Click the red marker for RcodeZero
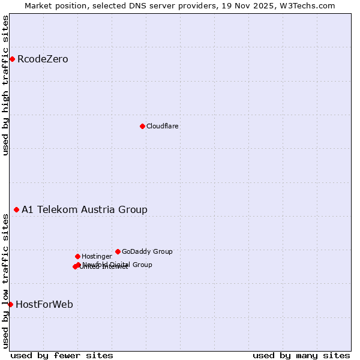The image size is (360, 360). coord(12,59)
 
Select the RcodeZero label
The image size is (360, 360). coord(43,59)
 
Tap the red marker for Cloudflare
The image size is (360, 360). coord(142,126)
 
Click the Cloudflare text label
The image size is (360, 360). coord(163,126)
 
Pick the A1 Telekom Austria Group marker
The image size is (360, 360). coord(16,209)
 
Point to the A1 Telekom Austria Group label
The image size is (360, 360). coord(85,209)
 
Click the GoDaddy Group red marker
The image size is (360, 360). coord(118,251)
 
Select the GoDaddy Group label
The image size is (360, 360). coord(147,251)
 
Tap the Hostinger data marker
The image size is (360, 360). coord(77,256)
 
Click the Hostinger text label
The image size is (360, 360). coord(97,256)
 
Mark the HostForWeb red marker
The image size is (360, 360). coord(10,304)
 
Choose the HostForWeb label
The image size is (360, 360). coord(44,304)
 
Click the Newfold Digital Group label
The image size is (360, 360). coord(118,264)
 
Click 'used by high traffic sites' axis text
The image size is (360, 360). coord(5,85)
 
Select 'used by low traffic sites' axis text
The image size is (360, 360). coord(5,281)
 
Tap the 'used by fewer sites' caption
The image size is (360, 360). coord(62,355)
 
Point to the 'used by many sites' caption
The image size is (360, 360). coord(301,355)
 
